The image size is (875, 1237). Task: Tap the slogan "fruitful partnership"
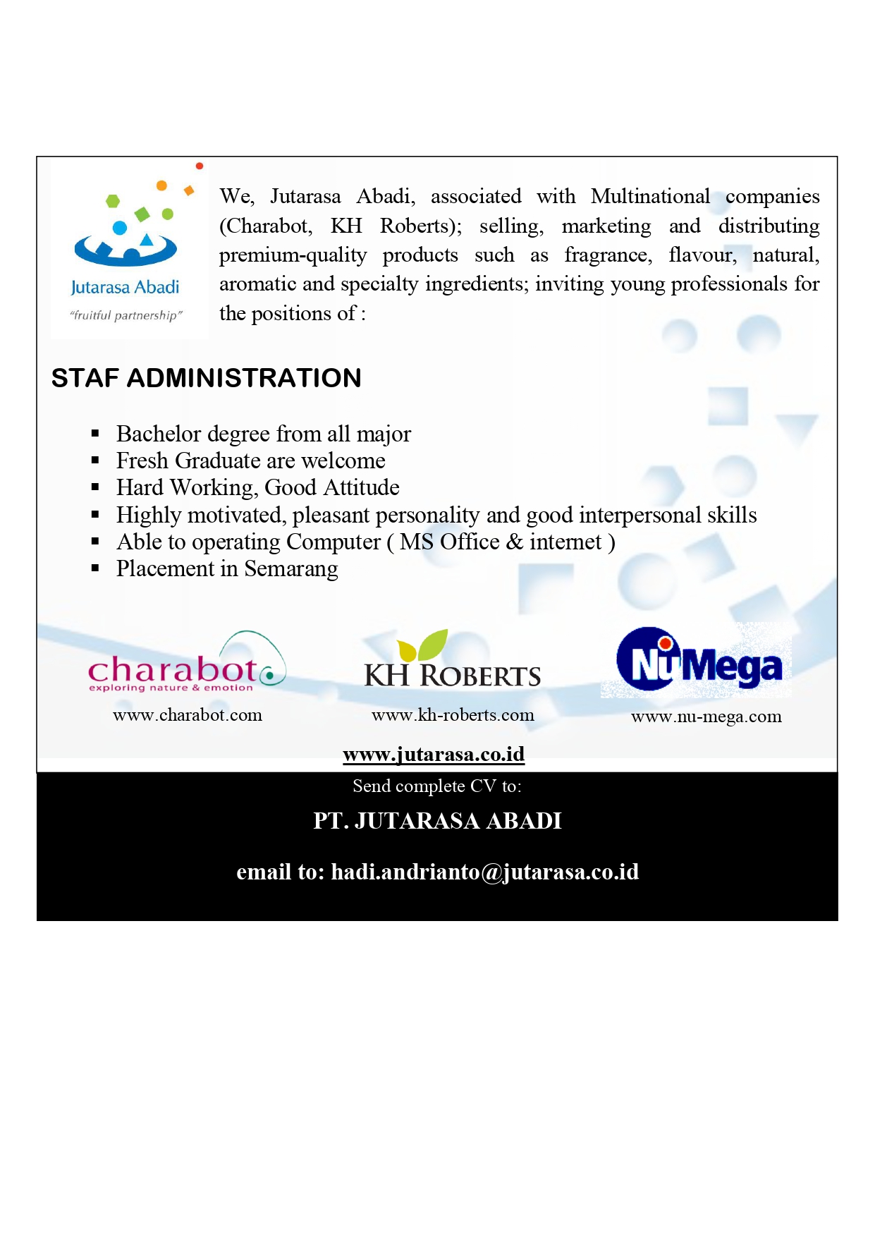[126, 315]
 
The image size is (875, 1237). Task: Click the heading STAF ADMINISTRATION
[206, 378]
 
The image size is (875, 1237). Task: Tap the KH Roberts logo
[452, 660]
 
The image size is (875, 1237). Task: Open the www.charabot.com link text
[188, 715]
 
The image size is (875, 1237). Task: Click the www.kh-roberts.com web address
[453, 715]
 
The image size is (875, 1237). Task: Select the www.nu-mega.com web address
[706, 717]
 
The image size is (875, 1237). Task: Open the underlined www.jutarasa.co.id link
[434, 755]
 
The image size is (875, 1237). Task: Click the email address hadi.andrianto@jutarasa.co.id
[485, 872]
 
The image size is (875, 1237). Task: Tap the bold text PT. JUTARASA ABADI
[437, 821]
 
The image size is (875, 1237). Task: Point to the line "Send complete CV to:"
[437, 786]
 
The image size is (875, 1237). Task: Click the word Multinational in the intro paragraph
[650, 196]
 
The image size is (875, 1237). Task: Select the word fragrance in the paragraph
[608, 255]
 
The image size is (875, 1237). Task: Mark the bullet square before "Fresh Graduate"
[95, 461]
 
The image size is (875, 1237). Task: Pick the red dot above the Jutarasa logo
[200, 166]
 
